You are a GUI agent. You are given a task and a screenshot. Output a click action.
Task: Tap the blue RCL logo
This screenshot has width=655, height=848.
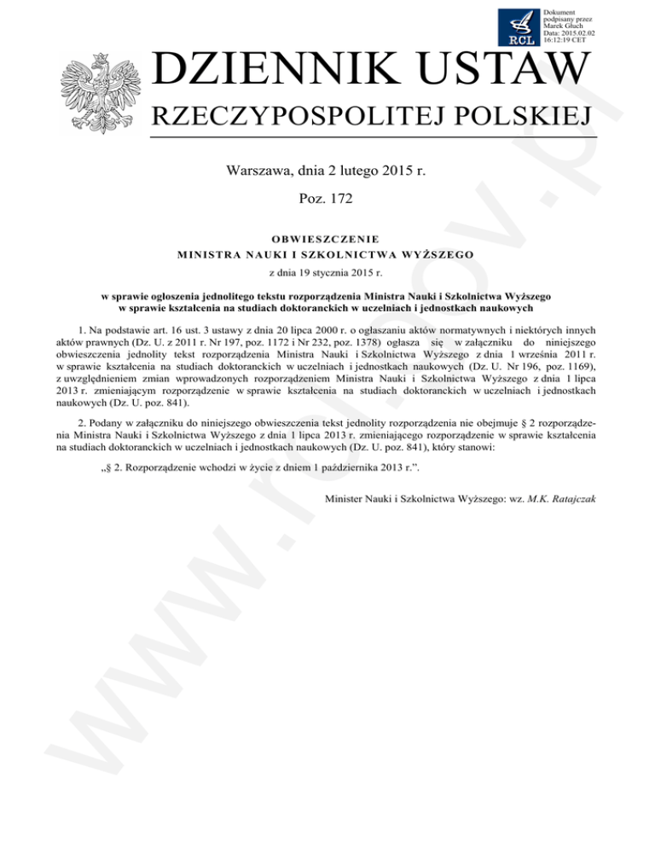pyautogui.click(x=518, y=26)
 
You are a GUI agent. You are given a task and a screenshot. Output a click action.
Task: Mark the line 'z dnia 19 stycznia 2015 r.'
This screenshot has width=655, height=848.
pyautogui.click(x=327, y=272)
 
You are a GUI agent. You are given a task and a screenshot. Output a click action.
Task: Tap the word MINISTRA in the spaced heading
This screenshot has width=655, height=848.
pyautogui.click(x=206, y=253)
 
